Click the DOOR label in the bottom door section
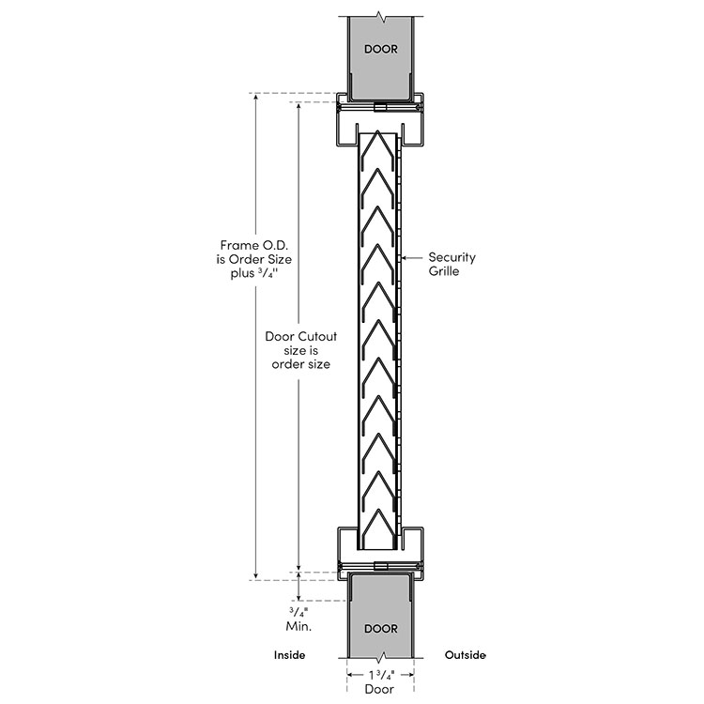click(x=381, y=628)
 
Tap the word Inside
click(x=290, y=654)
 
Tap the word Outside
click(x=465, y=654)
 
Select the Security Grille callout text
click(x=451, y=264)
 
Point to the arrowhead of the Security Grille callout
click(x=403, y=256)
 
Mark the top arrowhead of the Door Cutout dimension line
click(x=298, y=106)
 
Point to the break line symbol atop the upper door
click(x=381, y=15)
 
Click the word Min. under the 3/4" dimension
click(x=298, y=623)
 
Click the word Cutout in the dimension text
click(x=314, y=335)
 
